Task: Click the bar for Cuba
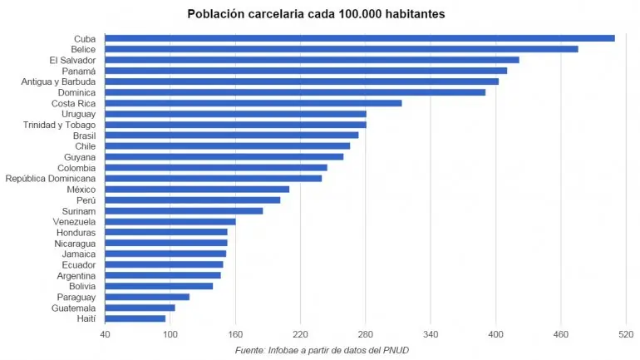(359, 38)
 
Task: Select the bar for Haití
(135, 318)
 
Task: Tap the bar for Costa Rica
(253, 103)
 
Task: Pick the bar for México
(196, 190)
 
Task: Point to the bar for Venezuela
(170, 222)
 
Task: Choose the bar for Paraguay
(146, 297)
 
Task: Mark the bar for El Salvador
(312, 60)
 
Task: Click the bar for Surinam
(183, 211)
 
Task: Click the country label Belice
(83, 50)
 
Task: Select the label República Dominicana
(51, 179)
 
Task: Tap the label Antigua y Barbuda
(58, 81)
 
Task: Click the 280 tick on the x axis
(365, 334)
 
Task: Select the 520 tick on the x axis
(626, 334)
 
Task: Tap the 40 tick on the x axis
(105, 334)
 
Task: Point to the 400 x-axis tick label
(495, 334)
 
